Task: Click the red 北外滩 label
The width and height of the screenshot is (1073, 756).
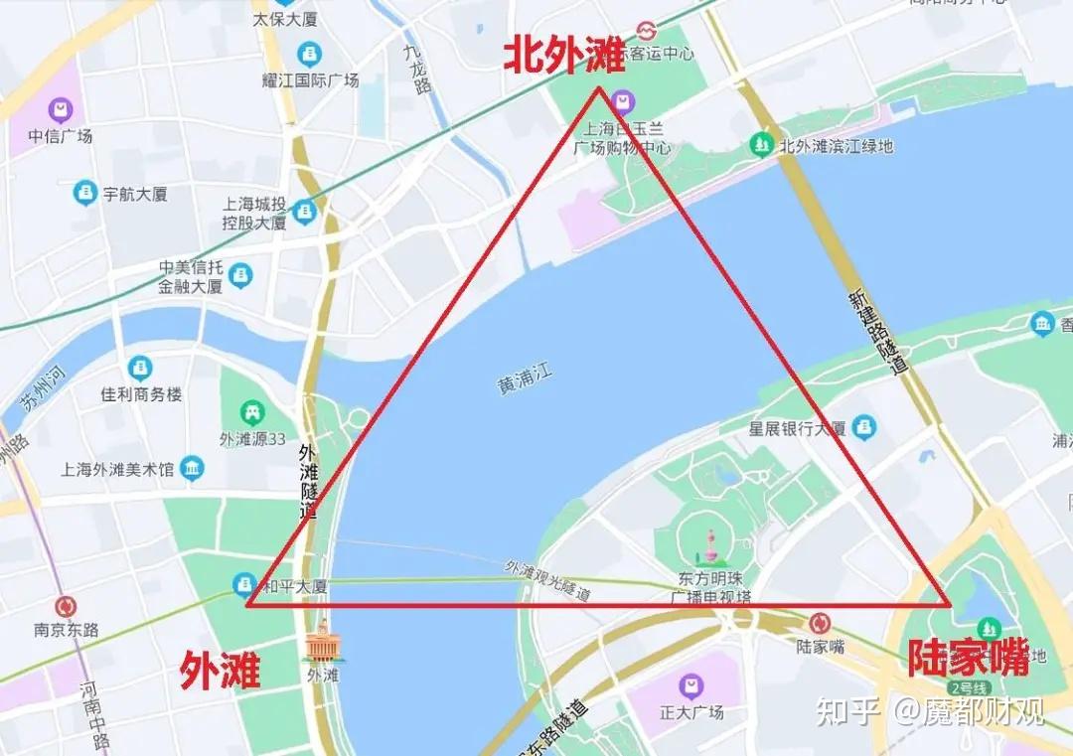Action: (563, 55)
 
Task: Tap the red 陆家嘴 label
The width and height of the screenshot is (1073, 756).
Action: (968, 658)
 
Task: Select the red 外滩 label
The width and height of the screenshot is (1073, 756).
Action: (220, 673)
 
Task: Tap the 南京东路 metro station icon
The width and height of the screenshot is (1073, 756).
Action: (67, 607)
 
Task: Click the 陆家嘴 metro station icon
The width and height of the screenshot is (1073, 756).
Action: (821, 623)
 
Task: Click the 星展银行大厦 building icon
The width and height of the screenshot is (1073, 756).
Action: (864, 427)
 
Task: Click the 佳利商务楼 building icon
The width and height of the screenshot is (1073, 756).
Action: (140, 369)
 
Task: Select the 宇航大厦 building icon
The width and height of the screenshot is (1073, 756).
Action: (86, 194)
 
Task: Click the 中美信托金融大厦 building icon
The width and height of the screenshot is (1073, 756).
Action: (240, 275)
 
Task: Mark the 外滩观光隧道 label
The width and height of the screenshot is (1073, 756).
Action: (547, 581)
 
